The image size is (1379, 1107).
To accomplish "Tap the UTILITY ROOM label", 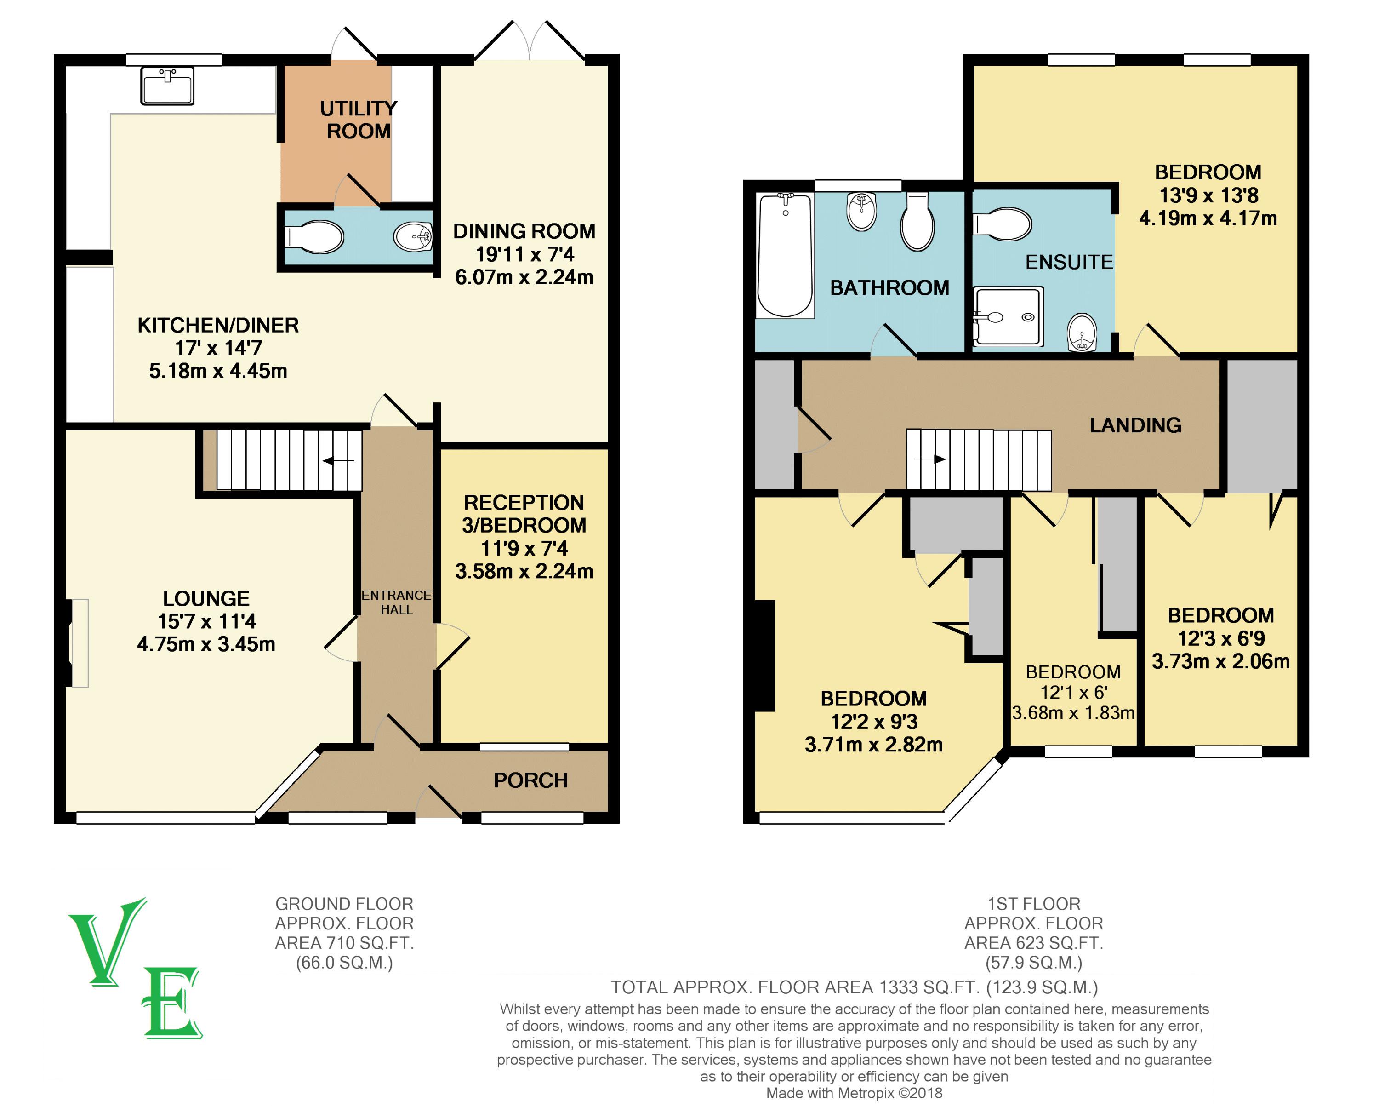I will coord(358,120).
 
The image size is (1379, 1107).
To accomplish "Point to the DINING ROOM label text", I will coord(524,231).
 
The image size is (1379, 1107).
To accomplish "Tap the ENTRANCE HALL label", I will coord(397,602).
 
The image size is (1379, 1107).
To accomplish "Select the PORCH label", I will coord(530,780).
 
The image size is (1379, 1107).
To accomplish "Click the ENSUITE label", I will coord(1069,262).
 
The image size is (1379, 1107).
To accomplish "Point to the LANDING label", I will coord(1135,425).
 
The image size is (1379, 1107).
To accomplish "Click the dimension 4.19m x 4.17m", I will coord(1208,218).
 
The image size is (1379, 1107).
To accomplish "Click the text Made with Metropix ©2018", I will coord(854,1093).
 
